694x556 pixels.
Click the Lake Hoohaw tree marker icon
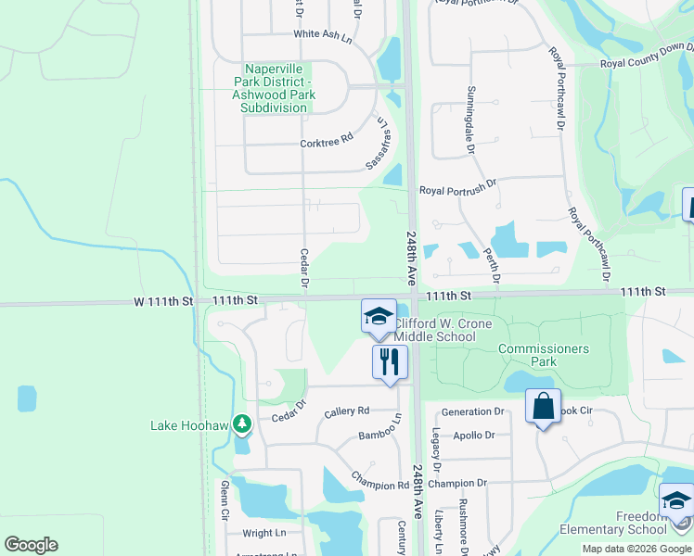242,423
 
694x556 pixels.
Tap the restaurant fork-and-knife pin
390,361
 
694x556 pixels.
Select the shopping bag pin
543,406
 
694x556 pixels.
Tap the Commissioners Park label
543,355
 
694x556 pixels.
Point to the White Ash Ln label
324,34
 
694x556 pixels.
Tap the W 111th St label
163,301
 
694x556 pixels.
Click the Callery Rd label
346,411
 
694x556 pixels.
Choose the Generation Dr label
473,411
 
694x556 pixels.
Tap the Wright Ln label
264,533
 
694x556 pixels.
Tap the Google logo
31,545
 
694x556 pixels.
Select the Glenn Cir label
225,499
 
